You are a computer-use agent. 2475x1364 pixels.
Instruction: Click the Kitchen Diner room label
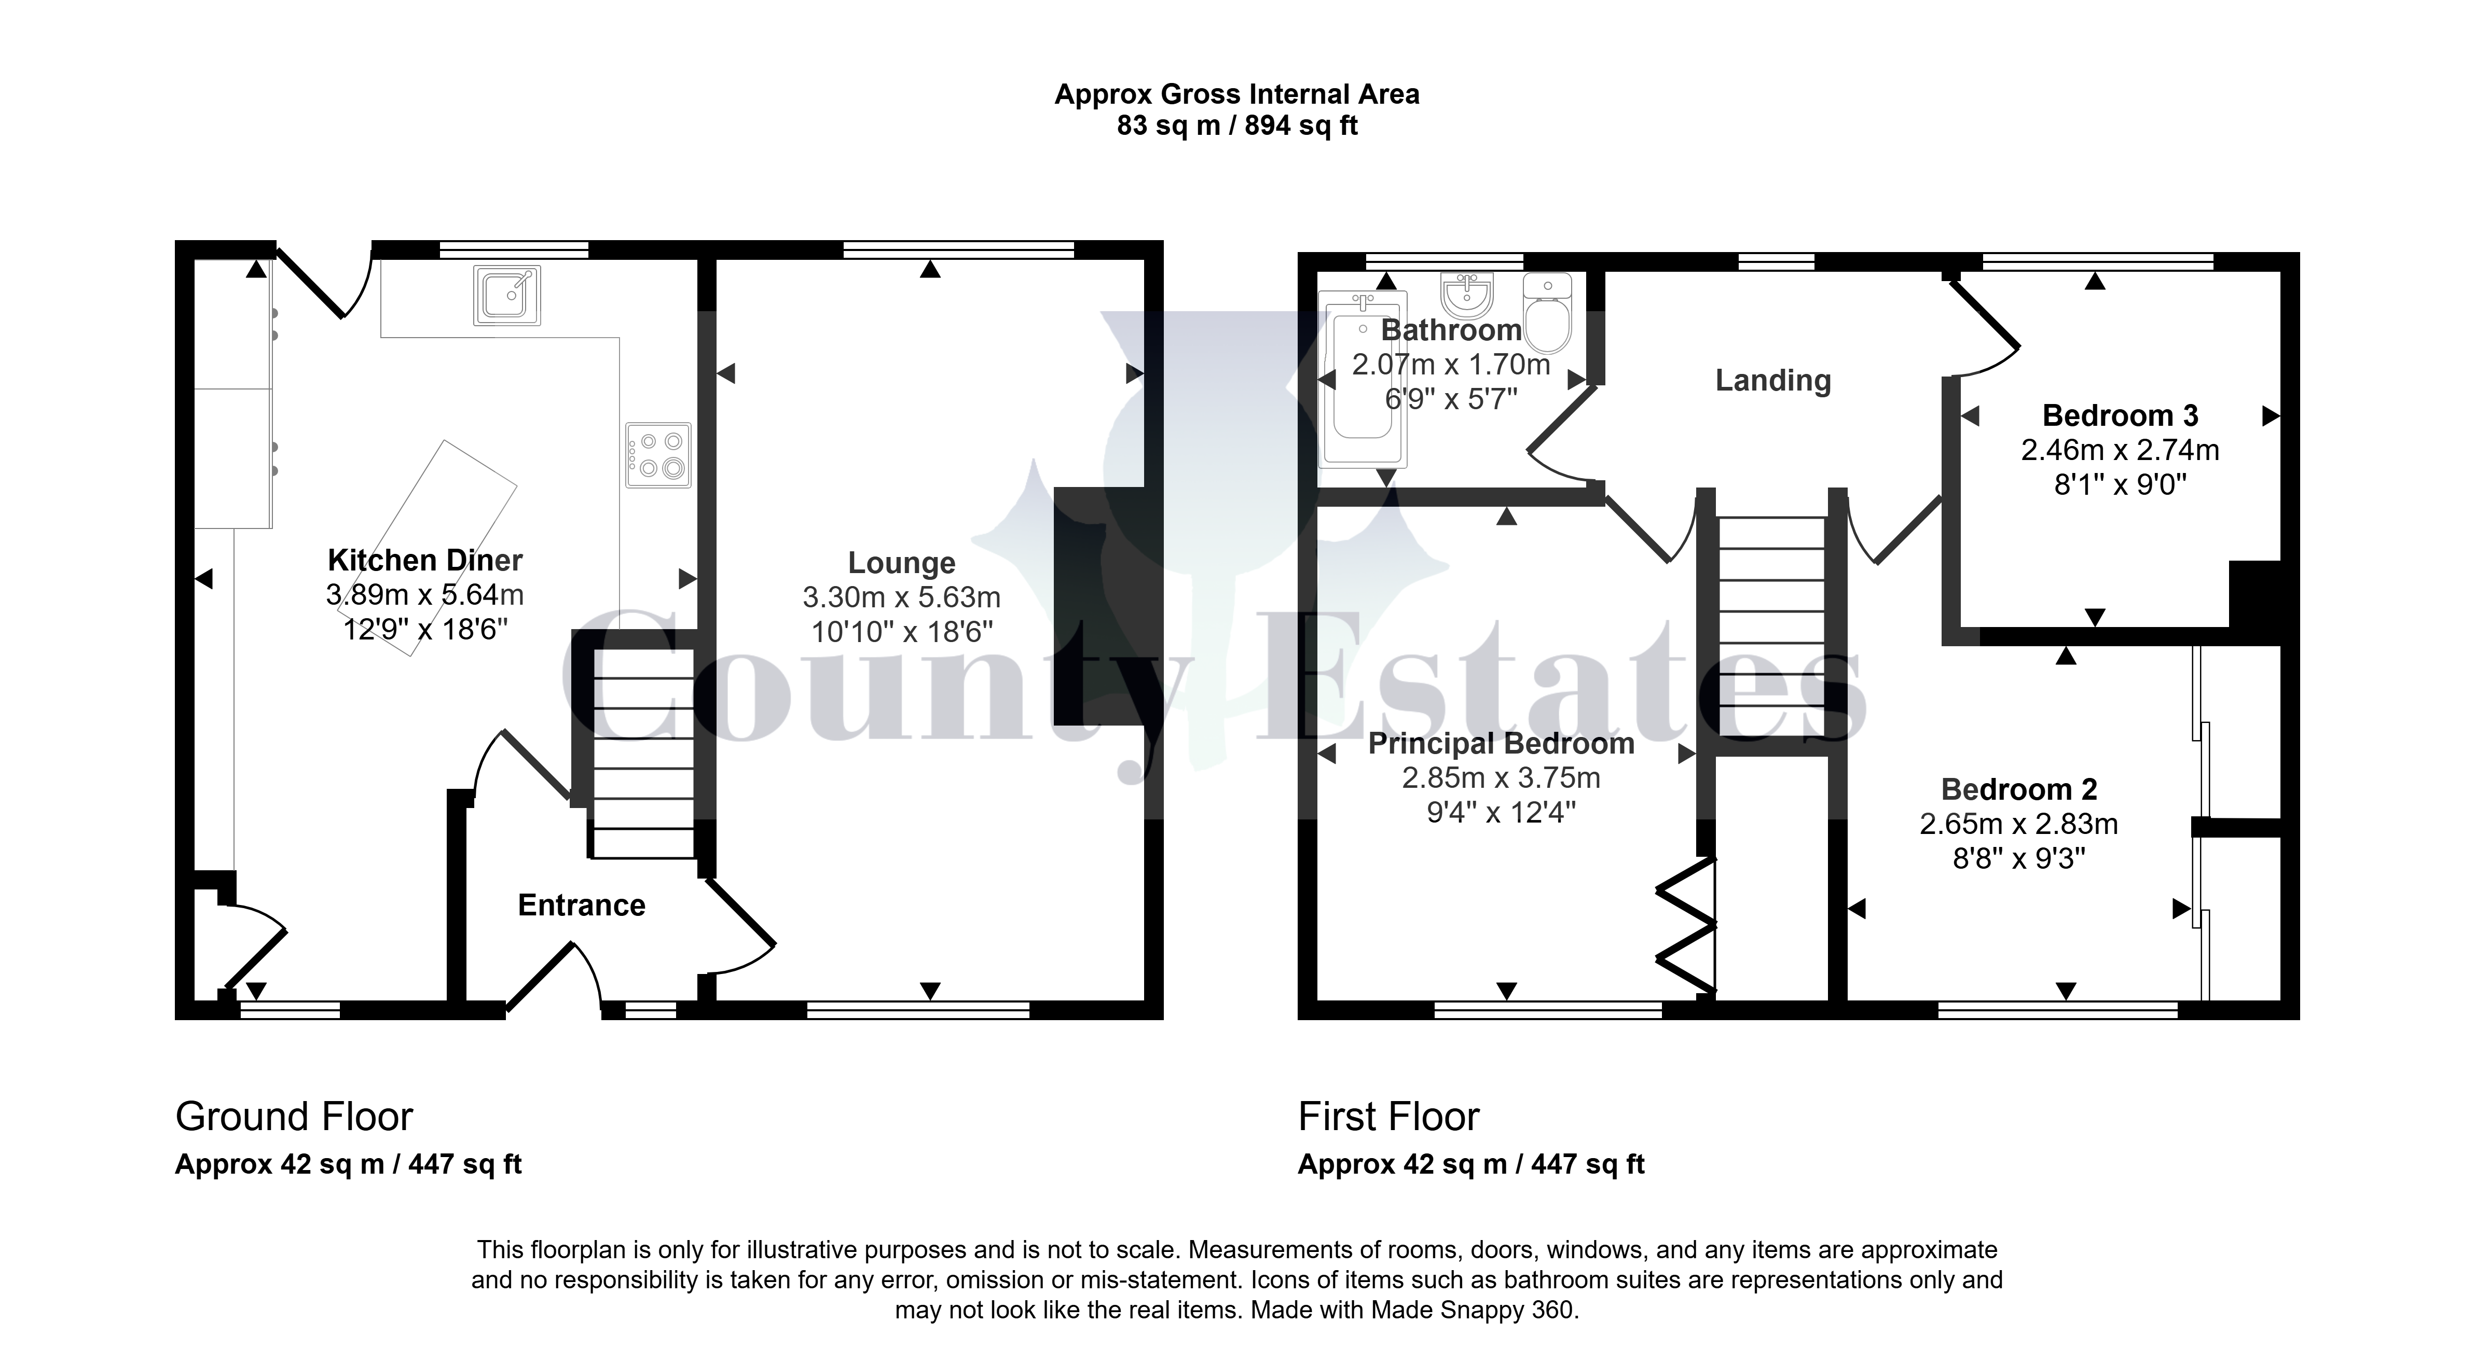[424, 560]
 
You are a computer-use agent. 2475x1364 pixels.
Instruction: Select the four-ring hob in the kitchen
[658, 455]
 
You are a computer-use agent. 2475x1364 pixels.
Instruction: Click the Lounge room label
[901, 563]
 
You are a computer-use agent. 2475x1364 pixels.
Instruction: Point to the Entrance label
[581, 905]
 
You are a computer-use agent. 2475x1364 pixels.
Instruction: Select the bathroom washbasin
[1467, 295]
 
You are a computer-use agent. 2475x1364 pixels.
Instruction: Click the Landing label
[1772, 380]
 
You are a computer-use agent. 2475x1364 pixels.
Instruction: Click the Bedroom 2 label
[2018, 789]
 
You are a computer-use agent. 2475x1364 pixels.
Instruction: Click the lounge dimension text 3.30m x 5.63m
[901, 597]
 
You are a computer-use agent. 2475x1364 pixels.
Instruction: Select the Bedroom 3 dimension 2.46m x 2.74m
[2120, 450]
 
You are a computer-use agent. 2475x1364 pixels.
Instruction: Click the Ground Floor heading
[294, 1116]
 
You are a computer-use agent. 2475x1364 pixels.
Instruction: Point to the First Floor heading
[1388, 1116]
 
